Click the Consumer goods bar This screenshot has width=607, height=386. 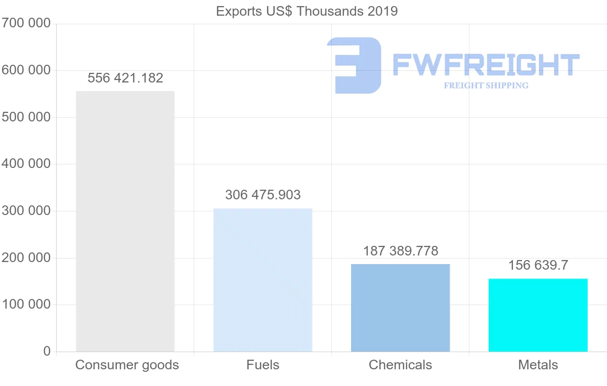click(125, 221)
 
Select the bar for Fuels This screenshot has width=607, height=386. click(263, 280)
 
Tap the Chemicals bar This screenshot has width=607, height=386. click(400, 308)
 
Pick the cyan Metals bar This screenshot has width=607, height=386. click(538, 315)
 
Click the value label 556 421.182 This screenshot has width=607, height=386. click(125, 78)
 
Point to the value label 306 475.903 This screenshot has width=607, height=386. click(263, 195)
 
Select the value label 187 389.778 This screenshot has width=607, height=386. click(401, 251)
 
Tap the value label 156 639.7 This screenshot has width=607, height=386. click(538, 266)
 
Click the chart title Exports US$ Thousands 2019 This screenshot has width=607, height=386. click(307, 11)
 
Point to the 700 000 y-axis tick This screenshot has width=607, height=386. click(26, 23)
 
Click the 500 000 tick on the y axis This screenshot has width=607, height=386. click(26, 117)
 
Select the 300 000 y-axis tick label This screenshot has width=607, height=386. click(26, 211)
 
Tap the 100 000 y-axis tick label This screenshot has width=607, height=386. click(26, 305)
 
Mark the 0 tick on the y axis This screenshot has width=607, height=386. click(47, 352)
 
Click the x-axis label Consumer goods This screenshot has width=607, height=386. click(127, 365)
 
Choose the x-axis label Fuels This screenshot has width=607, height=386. click(263, 365)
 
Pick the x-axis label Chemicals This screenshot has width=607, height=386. click(400, 365)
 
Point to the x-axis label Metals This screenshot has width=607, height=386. click(538, 365)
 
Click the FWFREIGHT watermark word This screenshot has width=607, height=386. click(486, 65)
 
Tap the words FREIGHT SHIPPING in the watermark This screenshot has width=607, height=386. click(486, 85)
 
